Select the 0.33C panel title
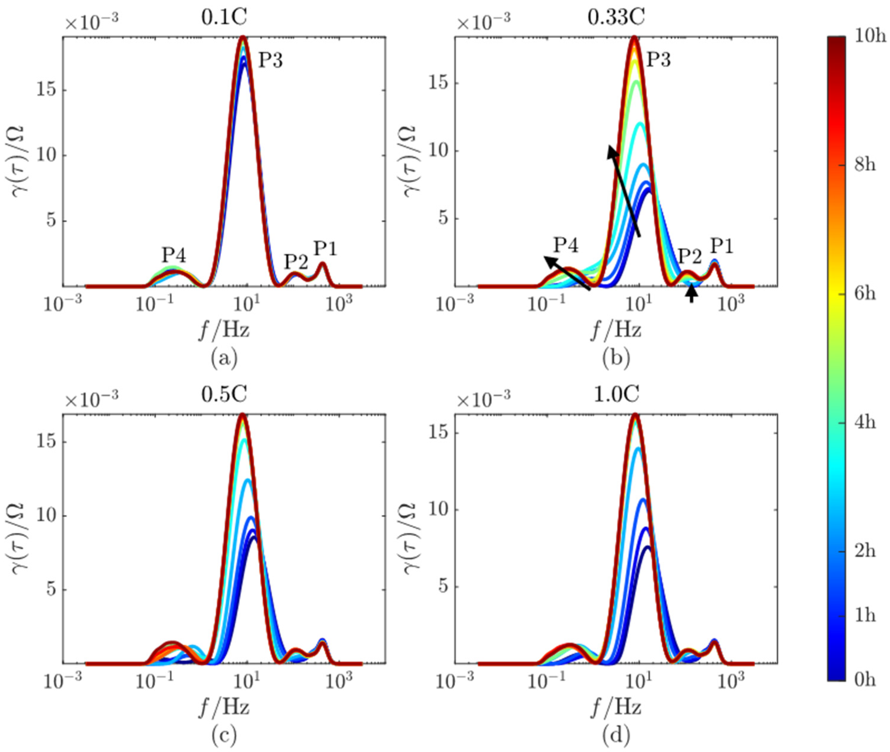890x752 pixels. [616, 18]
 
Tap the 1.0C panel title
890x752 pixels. [616, 395]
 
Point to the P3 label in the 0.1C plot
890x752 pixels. [271, 61]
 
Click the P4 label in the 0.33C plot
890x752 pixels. [566, 246]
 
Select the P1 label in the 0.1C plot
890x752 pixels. [326, 248]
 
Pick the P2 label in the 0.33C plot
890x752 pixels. [689, 257]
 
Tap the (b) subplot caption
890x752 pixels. [616, 358]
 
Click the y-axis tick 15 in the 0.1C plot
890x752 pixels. [46, 90]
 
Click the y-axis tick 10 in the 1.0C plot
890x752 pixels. [438, 510]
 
